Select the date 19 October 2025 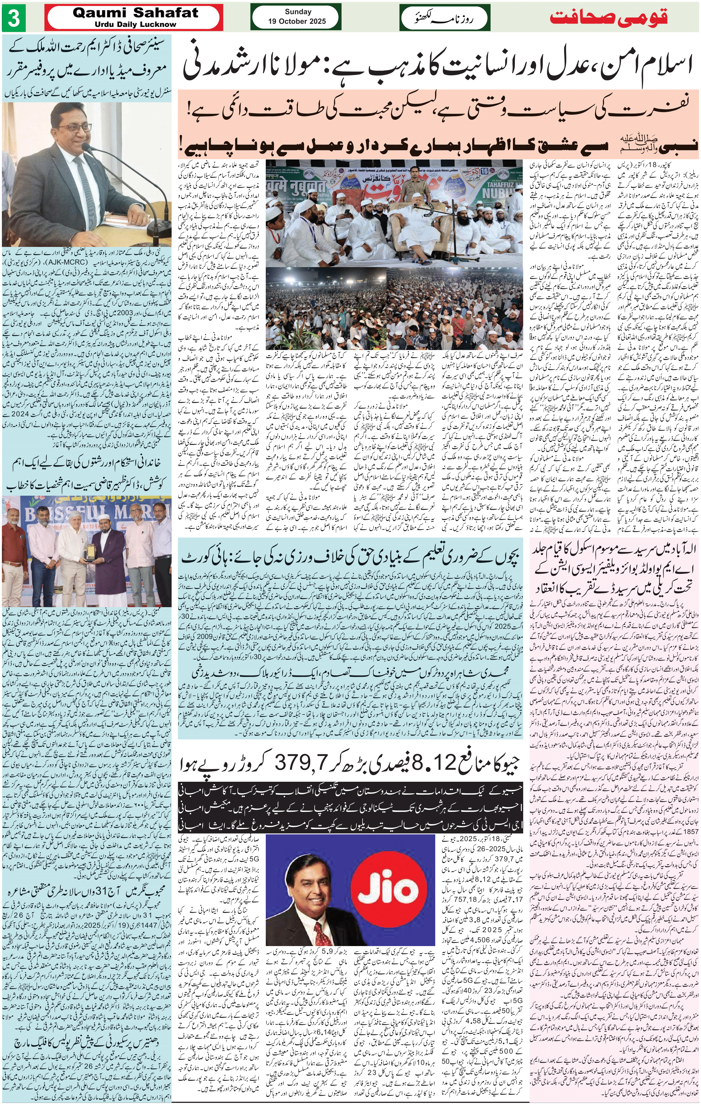(x=297, y=21)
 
